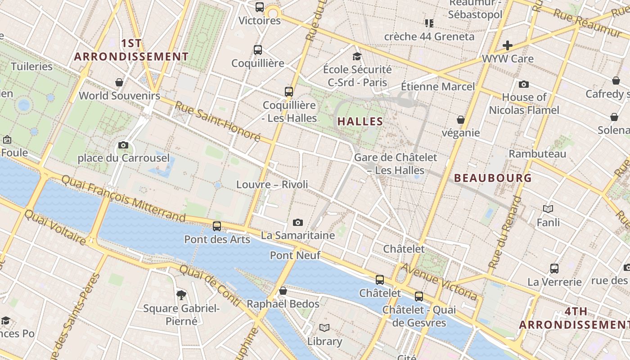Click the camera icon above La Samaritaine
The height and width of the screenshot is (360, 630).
pyautogui.click(x=297, y=222)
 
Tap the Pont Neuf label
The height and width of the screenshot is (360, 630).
pyautogui.click(x=295, y=255)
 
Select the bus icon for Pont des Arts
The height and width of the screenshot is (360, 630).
pyautogui.click(x=217, y=226)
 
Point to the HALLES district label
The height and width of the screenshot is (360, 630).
pyautogui.click(x=360, y=121)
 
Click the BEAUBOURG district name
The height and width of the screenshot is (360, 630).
pyautogui.click(x=493, y=178)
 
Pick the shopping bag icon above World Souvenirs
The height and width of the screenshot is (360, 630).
pyautogui.click(x=119, y=82)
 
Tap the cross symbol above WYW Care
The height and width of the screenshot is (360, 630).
pyautogui.click(x=508, y=45)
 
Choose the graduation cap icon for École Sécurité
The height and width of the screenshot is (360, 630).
pyautogui.click(x=357, y=56)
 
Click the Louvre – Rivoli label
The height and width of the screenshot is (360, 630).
pyautogui.click(x=272, y=184)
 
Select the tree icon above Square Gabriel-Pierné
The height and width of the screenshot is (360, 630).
pyautogui.click(x=181, y=295)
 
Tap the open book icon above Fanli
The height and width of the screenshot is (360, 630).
pyautogui.click(x=548, y=209)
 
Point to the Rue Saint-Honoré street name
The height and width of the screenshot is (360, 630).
pyautogui.click(x=217, y=121)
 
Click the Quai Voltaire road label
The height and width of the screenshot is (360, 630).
pyautogui.click(x=55, y=228)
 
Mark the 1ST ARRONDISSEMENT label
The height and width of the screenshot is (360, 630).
pyautogui.click(x=131, y=50)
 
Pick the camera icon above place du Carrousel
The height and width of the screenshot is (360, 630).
pyautogui.click(x=123, y=145)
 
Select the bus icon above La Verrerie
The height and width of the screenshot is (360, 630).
pyautogui.click(x=554, y=269)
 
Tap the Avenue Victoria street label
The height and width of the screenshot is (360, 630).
pyautogui.click(x=439, y=282)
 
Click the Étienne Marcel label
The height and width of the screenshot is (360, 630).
pyautogui.click(x=438, y=86)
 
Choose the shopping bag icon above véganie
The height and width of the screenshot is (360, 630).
pyautogui.click(x=461, y=120)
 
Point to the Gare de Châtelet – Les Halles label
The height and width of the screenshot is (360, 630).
pyautogui.click(x=396, y=164)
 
